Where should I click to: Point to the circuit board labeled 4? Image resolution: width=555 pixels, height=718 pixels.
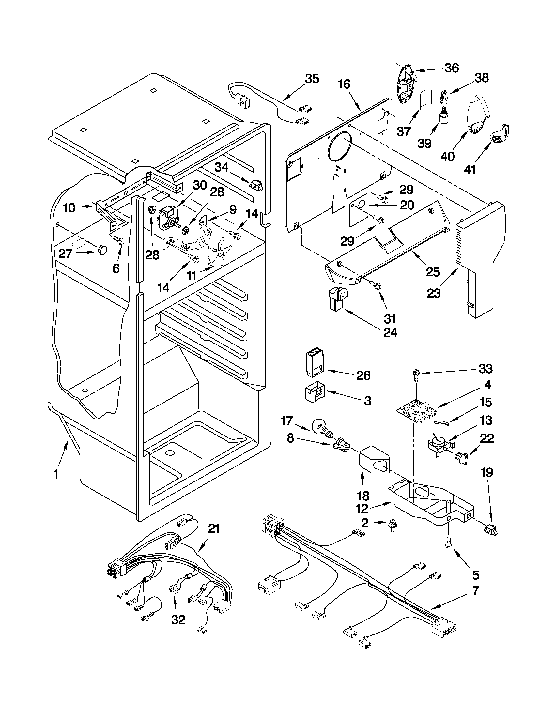tap(417, 411)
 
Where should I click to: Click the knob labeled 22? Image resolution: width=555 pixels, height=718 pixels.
tap(461, 458)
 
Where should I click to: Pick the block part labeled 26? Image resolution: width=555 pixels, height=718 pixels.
tap(314, 363)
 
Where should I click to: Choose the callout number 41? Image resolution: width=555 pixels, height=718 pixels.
tap(471, 170)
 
